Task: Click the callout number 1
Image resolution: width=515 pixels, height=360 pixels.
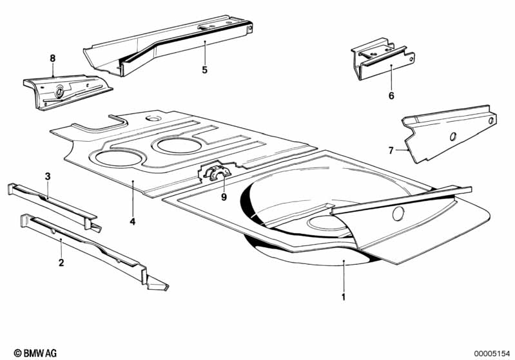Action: (344, 297)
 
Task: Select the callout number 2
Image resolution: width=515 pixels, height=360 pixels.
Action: (61, 263)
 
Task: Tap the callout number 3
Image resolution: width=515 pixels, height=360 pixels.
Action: (48, 176)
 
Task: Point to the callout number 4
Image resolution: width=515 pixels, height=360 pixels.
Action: (132, 222)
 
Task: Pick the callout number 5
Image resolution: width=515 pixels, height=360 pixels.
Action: (204, 70)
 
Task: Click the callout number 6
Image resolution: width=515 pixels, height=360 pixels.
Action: (391, 96)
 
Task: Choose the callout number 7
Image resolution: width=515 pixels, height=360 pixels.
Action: (391, 150)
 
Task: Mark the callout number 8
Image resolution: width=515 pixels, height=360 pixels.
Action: (53, 59)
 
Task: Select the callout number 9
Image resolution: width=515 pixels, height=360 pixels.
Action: (224, 197)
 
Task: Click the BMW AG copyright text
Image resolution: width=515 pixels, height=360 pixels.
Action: (35, 353)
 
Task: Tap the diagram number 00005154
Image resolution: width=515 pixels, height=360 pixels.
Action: (492, 354)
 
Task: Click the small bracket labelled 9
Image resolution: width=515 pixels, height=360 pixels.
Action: (215, 173)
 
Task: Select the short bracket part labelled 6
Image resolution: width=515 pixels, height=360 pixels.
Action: (383, 59)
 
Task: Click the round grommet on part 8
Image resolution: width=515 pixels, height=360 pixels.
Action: (59, 91)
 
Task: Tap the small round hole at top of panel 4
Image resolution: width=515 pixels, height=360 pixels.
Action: (153, 118)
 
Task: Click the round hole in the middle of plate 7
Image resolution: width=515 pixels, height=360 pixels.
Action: (452, 137)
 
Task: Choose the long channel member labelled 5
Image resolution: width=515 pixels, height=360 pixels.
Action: (168, 46)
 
